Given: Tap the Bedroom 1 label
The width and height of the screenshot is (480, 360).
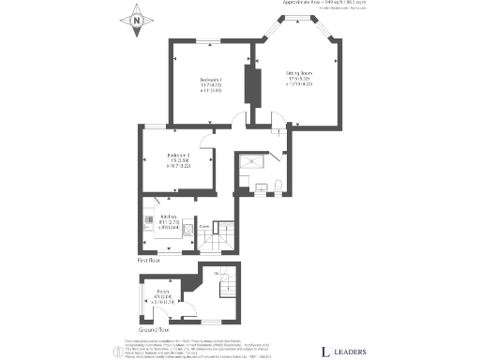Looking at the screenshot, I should [211, 84].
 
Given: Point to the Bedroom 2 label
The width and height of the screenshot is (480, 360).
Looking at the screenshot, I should [178, 159].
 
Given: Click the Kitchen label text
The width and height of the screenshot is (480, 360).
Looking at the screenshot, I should [169, 221].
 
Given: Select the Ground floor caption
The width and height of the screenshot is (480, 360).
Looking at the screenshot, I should [153, 330].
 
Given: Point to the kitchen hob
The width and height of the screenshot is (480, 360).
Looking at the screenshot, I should [149, 222].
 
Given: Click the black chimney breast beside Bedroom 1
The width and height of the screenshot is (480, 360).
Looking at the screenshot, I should [250, 84].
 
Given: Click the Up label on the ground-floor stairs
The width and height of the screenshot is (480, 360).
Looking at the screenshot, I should [217, 273].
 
